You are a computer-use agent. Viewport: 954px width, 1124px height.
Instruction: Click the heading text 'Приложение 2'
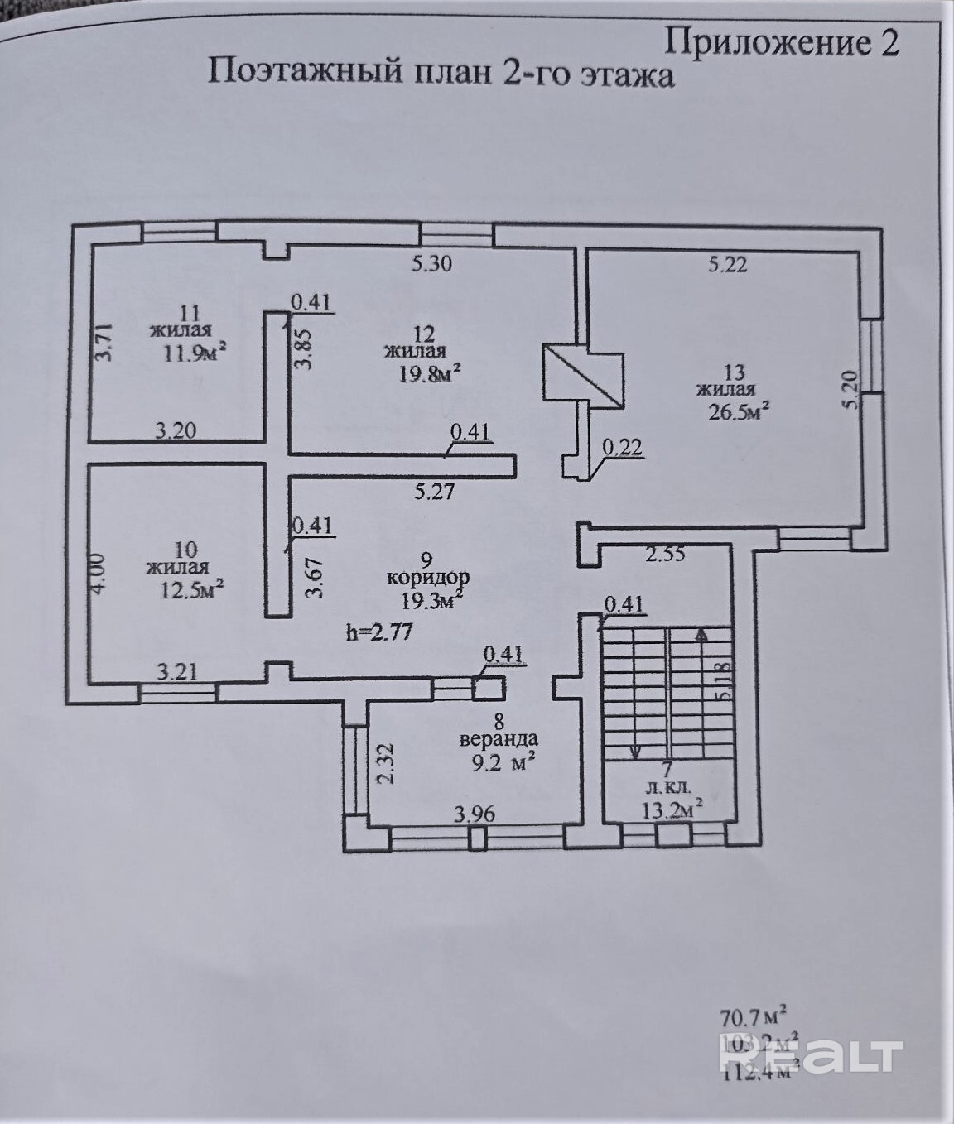pyautogui.click(x=782, y=41)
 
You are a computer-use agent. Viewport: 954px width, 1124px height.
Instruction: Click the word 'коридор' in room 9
pyautogui.click(x=428, y=578)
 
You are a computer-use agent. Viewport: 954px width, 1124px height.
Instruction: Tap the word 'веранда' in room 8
pyautogui.click(x=499, y=739)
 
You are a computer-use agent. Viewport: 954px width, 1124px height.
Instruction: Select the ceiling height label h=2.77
pyautogui.click(x=378, y=633)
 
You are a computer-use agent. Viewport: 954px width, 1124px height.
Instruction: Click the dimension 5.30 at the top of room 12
pyautogui.click(x=431, y=264)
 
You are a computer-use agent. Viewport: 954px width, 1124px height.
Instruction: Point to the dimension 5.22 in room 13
pyautogui.click(x=728, y=264)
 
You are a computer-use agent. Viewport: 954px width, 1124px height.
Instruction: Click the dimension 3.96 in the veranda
pyautogui.click(x=475, y=814)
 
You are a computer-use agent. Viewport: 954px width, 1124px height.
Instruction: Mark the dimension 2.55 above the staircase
pyautogui.click(x=665, y=554)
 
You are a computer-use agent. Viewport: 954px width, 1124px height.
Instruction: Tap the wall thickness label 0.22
pyautogui.click(x=622, y=448)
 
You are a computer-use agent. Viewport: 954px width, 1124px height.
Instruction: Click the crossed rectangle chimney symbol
pyautogui.click(x=583, y=377)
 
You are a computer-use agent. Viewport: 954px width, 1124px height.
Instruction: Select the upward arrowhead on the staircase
pyautogui.click(x=701, y=635)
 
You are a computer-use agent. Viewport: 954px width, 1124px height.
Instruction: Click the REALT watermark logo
pyautogui.click(x=812, y=1057)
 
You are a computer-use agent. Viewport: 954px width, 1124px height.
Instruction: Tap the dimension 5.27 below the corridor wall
pyautogui.click(x=434, y=491)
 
